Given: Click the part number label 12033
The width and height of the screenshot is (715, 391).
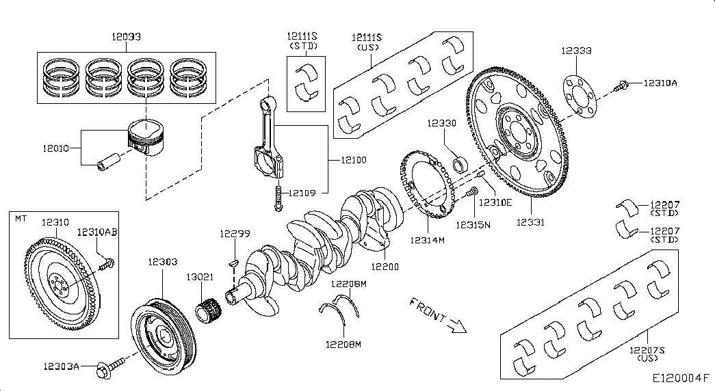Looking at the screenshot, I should (x=127, y=35).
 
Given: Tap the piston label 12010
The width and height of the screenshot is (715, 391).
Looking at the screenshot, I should (x=58, y=148).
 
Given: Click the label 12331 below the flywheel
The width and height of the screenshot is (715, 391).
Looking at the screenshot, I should (x=531, y=222).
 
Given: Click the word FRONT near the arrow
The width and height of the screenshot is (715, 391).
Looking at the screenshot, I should (x=428, y=310).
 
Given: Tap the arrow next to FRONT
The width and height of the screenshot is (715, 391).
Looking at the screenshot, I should (x=456, y=327).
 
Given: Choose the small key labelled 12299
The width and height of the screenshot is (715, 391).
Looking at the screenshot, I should (x=233, y=261).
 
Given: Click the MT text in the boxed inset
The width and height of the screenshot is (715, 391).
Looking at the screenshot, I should (x=21, y=218).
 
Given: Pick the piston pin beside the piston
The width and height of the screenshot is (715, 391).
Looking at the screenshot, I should (x=109, y=164).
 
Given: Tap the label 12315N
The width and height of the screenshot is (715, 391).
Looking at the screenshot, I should (x=474, y=225).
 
